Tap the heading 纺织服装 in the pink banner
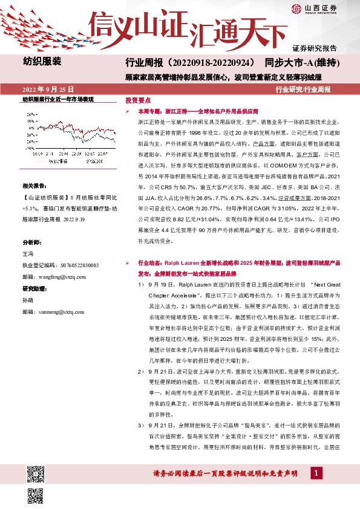pyautogui.click(x=42, y=62)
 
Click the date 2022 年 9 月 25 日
pyautogui.click(x=52, y=88)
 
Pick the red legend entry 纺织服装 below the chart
pyautogui.click(x=57, y=161)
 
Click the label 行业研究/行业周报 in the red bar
pyautogui.click(x=303, y=88)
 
